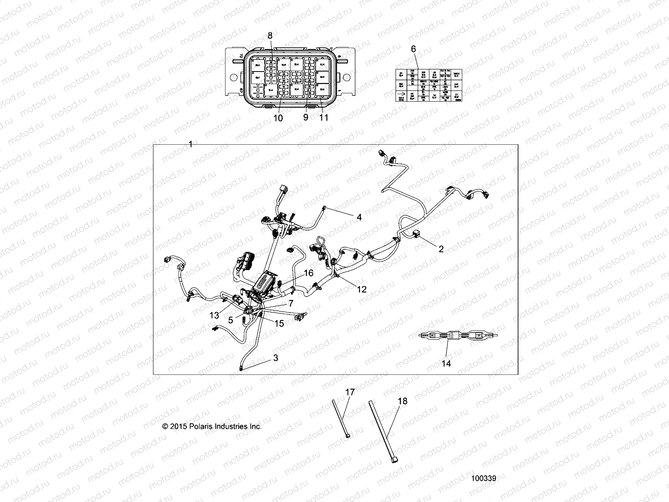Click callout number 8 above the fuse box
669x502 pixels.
pyautogui.click(x=270, y=36)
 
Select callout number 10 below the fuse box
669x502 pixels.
pyautogui.click(x=278, y=118)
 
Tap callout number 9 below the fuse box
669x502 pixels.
pyautogui.click(x=306, y=118)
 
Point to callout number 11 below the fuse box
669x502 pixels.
pyautogui.click(x=324, y=118)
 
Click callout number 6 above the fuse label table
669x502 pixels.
pyautogui.click(x=414, y=49)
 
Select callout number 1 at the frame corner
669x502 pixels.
pyautogui.click(x=191, y=144)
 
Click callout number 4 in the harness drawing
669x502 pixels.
pyautogui.click(x=359, y=218)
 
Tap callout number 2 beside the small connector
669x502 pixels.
pyautogui.click(x=441, y=249)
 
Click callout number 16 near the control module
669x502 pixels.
pyautogui.click(x=309, y=273)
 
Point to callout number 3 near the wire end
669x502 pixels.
pyautogui.click(x=275, y=358)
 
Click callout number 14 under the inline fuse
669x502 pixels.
pyautogui.click(x=446, y=364)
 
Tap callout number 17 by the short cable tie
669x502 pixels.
pyautogui.click(x=350, y=392)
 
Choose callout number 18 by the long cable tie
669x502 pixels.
pyautogui.click(x=402, y=401)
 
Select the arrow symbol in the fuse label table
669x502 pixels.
pyautogui.click(x=401, y=97)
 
